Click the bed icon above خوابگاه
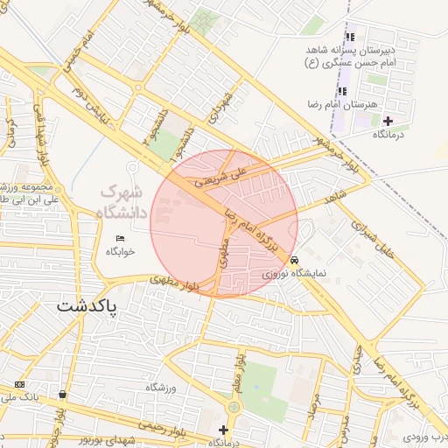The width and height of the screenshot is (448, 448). click(121, 238)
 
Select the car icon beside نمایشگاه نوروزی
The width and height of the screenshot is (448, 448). click(295, 260)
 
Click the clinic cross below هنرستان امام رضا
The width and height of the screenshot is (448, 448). click(388, 120)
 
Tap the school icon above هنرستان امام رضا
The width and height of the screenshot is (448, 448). click(341, 91)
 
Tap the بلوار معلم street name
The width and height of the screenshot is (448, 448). click(238, 371)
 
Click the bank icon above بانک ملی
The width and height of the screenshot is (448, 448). click(19, 384)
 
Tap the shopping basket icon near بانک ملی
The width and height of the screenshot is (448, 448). click(63, 395)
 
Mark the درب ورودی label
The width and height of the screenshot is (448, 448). click(425, 437)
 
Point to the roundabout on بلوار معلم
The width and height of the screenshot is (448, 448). click(234, 408)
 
